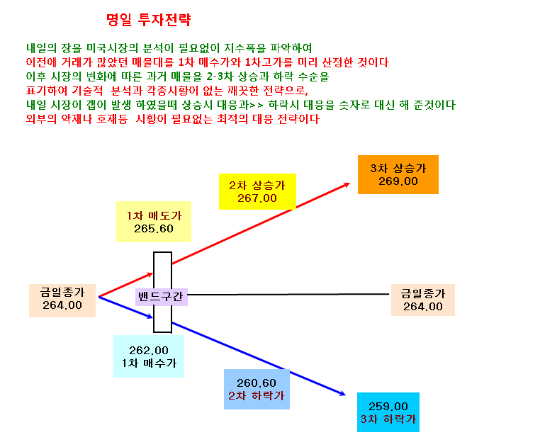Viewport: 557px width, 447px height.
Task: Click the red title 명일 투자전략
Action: (x=149, y=20)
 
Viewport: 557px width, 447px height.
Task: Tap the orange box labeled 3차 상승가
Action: (x=398, y=174)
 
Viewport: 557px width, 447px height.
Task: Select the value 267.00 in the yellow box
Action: (x=257, y=198)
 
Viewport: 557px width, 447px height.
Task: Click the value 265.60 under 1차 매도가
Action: (x=154, y=229)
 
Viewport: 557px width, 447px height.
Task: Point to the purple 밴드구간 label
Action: (x=162, y=297)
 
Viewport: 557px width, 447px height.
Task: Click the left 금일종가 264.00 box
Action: (x=62, y=300)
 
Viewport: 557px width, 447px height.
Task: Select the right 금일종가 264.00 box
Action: (x=423, y=300)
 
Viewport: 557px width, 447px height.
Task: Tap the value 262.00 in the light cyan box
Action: (x=149, y=351)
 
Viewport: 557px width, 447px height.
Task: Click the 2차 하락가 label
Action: (x=256, y=395)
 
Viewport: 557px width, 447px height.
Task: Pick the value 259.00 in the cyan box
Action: (x=388, y=406)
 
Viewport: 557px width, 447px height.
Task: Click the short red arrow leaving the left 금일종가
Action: (x=125, y=285)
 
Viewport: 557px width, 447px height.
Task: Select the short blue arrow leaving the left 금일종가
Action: (x=125, y=307)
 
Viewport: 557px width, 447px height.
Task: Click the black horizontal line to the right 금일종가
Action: (x=288, y=294)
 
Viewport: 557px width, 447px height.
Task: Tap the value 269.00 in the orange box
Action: (x=398, y=181)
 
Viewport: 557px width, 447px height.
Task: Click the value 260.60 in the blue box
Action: (x=256, y=383)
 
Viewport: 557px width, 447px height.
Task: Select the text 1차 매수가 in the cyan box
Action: (x=149, y=363)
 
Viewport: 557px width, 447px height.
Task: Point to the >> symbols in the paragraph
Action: (x=256, y=105)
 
